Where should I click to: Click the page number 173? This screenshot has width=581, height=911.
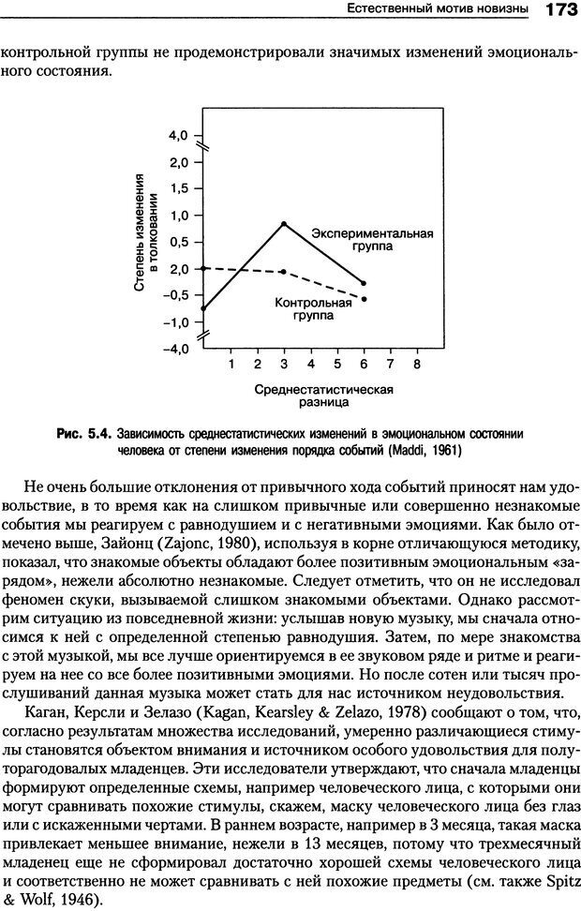pyautogui.click(x=556, y=10)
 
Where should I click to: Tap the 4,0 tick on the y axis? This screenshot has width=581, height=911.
pyautogui.click(x=179, y=135)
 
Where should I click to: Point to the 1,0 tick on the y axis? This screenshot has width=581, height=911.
pyautogui.click(x=179, y=216)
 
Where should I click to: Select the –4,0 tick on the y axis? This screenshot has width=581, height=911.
pyautogui.click(x=176, y=349)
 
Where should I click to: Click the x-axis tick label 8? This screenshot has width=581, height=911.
pyautogui.click(x=416, y=363)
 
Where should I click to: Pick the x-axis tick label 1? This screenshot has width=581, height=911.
pyautogui.click(x=231, y=363)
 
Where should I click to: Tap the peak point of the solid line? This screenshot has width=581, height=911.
pyautogui.click(x=284, y=223)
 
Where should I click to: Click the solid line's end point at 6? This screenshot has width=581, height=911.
pyautogui.click(x=364, y=283)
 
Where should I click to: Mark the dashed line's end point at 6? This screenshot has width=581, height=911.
pyautogui.click(x=364, y=299)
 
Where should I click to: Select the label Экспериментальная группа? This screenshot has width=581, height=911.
pyautogui.click(x=372, y=241)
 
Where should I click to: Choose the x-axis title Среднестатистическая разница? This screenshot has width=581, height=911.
pyautogui.click(x=323, y=396)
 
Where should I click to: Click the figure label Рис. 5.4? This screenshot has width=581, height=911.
pyautogui.click(x=84, y=434)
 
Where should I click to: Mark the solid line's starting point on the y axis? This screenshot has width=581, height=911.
pyautogui.click(x=204, y=308)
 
